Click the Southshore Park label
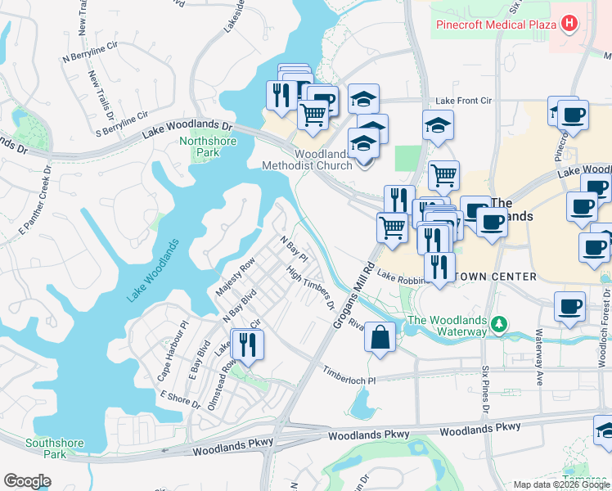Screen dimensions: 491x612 pos(54,448)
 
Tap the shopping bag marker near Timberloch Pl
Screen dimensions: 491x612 pos(380,337)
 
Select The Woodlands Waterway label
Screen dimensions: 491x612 pos(447,326)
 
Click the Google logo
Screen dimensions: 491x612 pos(27,481)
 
